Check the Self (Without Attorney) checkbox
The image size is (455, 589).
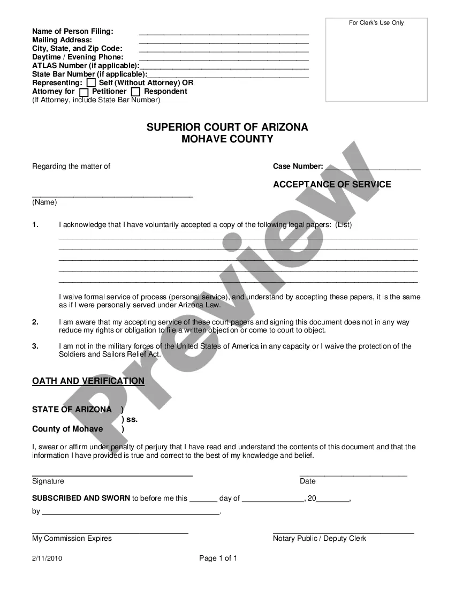coord(92,83)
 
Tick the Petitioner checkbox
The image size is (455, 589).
coord(84,92)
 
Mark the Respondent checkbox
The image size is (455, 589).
coord(136,92)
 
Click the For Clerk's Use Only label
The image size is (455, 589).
coord(376,23)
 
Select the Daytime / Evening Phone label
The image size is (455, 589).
coord(78,57)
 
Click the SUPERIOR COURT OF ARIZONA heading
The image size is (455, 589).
coord(227,127)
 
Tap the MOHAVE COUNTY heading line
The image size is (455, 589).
coord(227,139)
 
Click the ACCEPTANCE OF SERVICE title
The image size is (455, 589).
coord(332,184)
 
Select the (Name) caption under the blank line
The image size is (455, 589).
coord(44,202)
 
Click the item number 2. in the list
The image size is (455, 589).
coord(35,322)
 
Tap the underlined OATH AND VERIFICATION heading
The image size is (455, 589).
coord(88,381)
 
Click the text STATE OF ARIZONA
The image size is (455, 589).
coord(72,410)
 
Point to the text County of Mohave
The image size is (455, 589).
coord(67,429)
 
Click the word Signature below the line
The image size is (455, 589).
coord(48,481)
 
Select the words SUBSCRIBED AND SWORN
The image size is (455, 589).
coord(81,498)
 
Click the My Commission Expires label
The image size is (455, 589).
coord(72,538)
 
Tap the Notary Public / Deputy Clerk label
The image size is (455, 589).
coord(320,538)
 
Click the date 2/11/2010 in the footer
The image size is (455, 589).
coord(47,558)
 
